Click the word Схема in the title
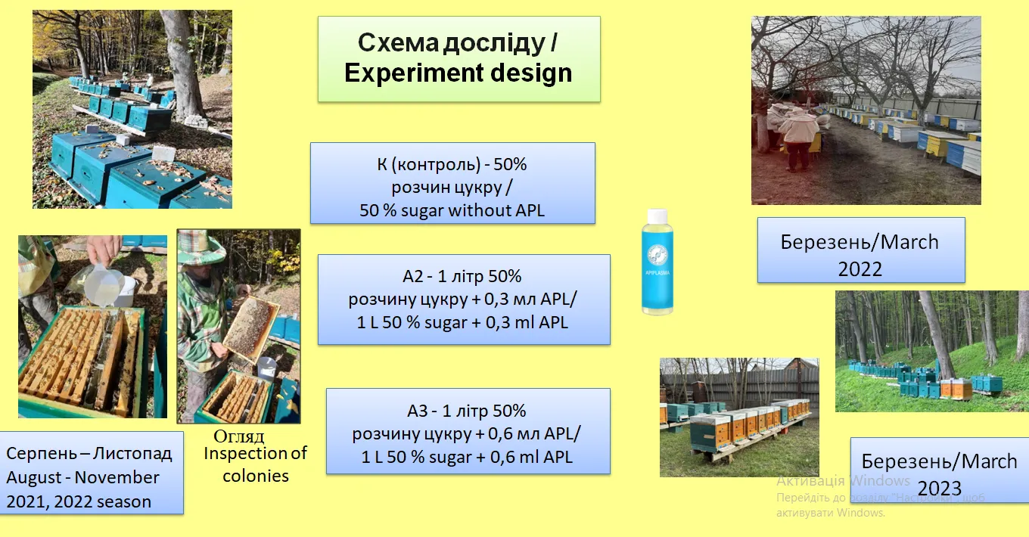click(398, 42)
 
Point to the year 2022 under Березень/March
click(860, 269)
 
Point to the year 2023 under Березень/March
click(940, 489)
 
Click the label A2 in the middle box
click(412, 277)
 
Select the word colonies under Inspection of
click(256, 476)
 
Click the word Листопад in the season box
click(132, 454)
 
